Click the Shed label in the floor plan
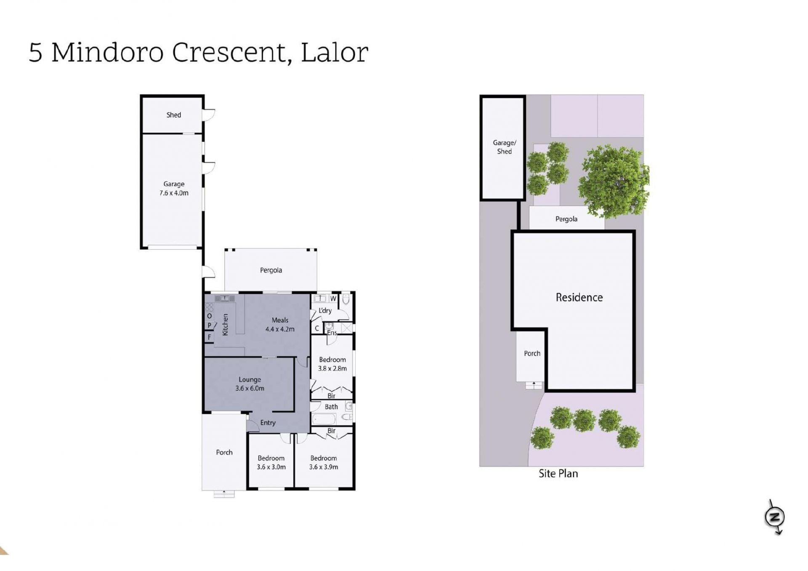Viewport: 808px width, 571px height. click(173, 115)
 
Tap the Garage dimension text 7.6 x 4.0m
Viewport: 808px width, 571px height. click(174, 193)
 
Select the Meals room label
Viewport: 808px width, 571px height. click(280, 320)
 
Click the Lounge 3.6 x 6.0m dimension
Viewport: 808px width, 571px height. click(250, 388)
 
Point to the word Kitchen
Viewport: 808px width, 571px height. click(225, 324)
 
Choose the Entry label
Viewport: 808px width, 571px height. click(268, 423)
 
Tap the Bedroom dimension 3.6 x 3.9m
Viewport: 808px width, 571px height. click(324, 467)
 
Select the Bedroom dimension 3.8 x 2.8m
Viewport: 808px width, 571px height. click(332, 368)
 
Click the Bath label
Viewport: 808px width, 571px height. click(331, 407)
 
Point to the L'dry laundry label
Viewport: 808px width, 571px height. click(325, 310)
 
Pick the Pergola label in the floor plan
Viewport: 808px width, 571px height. click(271, 270)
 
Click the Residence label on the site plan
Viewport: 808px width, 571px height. click(579, 298)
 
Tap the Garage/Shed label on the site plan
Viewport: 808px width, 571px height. click(504, 147)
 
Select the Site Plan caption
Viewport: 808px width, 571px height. click(558, 474)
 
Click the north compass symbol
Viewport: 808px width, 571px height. click(775, 517)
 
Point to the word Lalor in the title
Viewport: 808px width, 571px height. click(335, 53)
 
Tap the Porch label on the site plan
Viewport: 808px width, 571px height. click(532, 354)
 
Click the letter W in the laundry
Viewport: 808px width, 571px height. click(333, 299)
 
